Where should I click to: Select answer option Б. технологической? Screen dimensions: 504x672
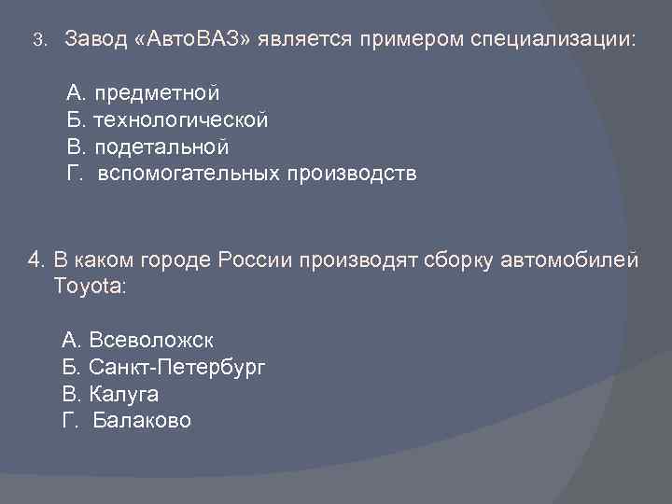pyautogui.click(x=167, y=120)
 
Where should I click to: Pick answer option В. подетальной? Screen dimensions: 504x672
pyautogui.click(x=147, y=147)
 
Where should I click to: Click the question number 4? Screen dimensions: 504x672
pyautogui.click(x=36, y=259)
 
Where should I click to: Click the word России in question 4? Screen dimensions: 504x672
pyautogui.click(x=255, y=259)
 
